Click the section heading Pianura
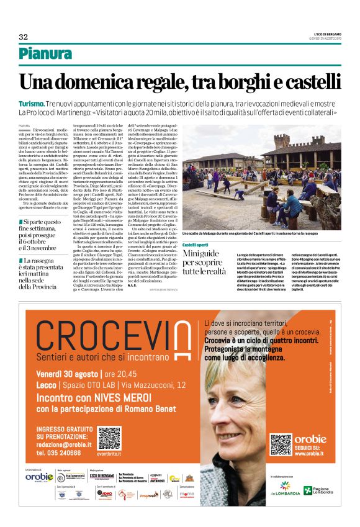pos(45,54)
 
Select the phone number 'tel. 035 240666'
pos(59,453)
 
